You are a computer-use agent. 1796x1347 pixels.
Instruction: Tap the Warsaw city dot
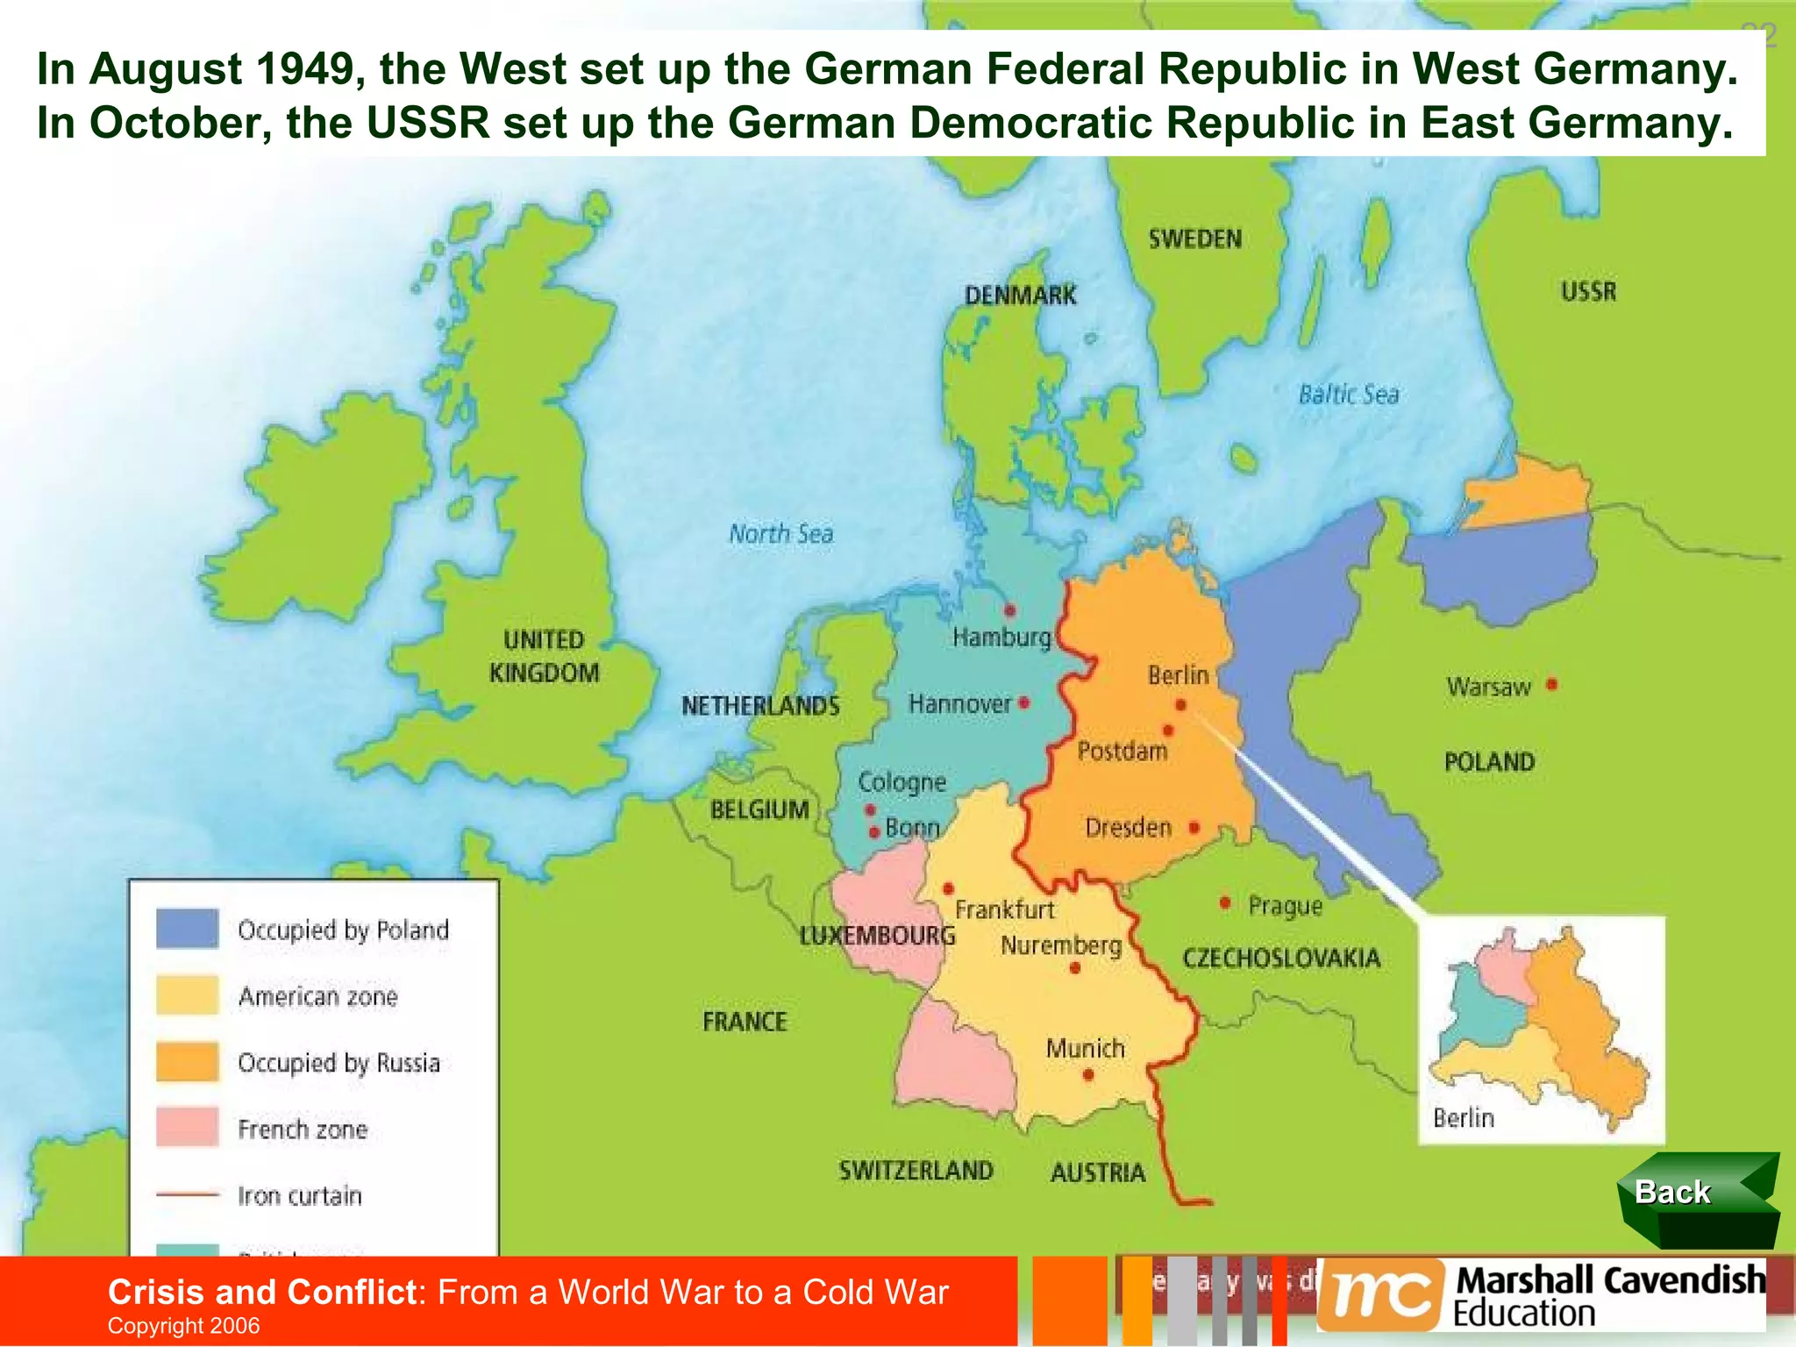coord(1551,684)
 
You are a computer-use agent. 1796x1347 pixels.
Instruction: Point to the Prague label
coord(1285,906)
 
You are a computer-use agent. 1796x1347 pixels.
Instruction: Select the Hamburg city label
coord(1001,638)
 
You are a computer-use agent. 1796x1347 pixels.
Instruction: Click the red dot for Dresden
coord(1194,827)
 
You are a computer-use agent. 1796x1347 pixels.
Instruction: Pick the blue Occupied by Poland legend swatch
coord(187,929)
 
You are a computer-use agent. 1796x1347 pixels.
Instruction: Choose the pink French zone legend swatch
coord(187,1128)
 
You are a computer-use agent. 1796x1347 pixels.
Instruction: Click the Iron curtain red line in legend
coord(187,1194)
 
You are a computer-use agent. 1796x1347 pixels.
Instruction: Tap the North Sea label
coord(780,533)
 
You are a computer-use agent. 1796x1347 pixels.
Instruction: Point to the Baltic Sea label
coord(1348,395)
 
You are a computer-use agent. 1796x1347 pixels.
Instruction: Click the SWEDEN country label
coord(1194,239)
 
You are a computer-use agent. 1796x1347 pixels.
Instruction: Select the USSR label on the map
coord(1588,291)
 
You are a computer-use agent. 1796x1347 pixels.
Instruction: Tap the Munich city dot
coord(1087,1074)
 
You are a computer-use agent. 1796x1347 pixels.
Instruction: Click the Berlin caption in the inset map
coord(1463,1118)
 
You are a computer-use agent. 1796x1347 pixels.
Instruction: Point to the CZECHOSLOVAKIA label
coord(1281,958)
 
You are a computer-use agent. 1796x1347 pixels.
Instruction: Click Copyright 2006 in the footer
coord(183,1325)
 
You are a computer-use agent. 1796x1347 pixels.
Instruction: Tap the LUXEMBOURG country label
coord(877,936)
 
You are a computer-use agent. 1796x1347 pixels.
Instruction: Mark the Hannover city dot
coord(1023,702)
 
